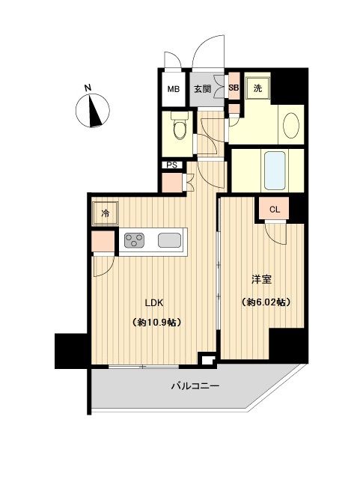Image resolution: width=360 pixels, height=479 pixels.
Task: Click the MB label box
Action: point(173,90)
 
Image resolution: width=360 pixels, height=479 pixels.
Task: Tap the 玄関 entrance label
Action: point(202,90)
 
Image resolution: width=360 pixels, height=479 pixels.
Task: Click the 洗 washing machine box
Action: point(257,88)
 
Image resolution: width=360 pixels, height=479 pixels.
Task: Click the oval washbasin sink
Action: point(290,125)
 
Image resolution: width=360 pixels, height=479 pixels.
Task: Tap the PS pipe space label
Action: point(171,165)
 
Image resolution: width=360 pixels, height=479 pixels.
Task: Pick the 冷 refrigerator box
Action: point(106,213)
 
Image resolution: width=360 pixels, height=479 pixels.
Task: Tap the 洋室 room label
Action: point(260,279)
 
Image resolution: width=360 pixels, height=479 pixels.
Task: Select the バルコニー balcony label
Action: point(194,387)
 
